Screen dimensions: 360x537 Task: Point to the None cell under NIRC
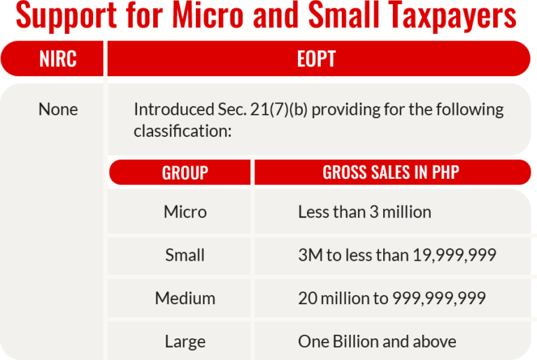click(x=58, y=110)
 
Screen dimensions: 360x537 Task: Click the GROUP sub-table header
click(x=185, y=173)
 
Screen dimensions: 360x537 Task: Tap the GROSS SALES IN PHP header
click(x=391, y=173)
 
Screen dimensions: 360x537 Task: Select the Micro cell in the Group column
click(x=185, y=212)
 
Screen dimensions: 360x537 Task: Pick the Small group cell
click(x=185, y=255)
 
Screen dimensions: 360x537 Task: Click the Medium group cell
click(x=185, y=298)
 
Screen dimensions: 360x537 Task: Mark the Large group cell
click(x=185, y=342)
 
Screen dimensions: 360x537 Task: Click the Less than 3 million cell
click(x=364, y=212)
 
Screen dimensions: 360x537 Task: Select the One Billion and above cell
click(x=377, y=342)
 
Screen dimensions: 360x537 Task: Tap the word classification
click(x=178, y=131)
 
